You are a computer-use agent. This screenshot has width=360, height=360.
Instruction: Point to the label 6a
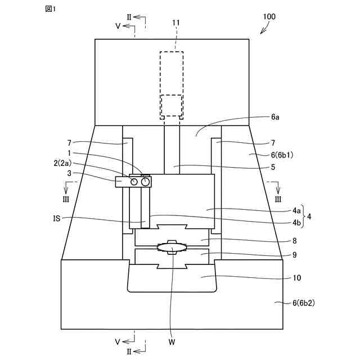click(275, 117)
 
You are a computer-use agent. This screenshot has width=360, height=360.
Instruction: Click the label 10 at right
click(296, 277)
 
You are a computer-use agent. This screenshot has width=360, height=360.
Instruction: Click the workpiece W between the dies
click(173, 247)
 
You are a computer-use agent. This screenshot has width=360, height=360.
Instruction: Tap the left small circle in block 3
click(134, 182)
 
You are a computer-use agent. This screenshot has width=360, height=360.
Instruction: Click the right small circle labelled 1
click(146, 182)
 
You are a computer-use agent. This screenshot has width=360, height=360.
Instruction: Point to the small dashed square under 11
click(172, 106)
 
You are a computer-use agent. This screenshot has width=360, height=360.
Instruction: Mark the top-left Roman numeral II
click(129, 17)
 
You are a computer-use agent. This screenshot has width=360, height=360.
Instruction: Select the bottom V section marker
click(118, 341)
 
